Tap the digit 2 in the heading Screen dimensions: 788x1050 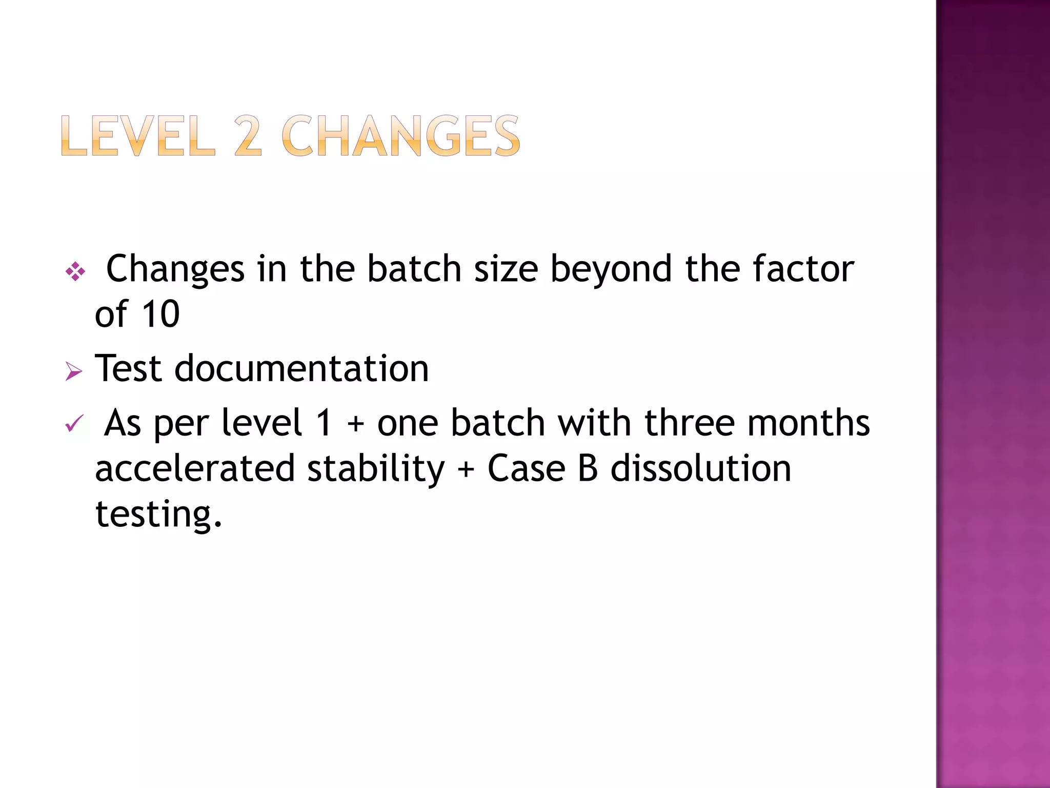(248, 135)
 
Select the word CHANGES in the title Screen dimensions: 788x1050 (400, 135)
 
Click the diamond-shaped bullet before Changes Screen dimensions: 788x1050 (75, 271)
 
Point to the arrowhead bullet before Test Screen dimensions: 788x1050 (74, 371)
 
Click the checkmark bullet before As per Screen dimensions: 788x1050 (74, 424)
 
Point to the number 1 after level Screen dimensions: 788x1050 (324, 423)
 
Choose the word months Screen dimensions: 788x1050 (809, 423)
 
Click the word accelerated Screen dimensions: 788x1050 (195, 468)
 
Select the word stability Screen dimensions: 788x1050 (376, 469)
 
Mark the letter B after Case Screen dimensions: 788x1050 (588, 468)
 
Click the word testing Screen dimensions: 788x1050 (158, 514)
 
